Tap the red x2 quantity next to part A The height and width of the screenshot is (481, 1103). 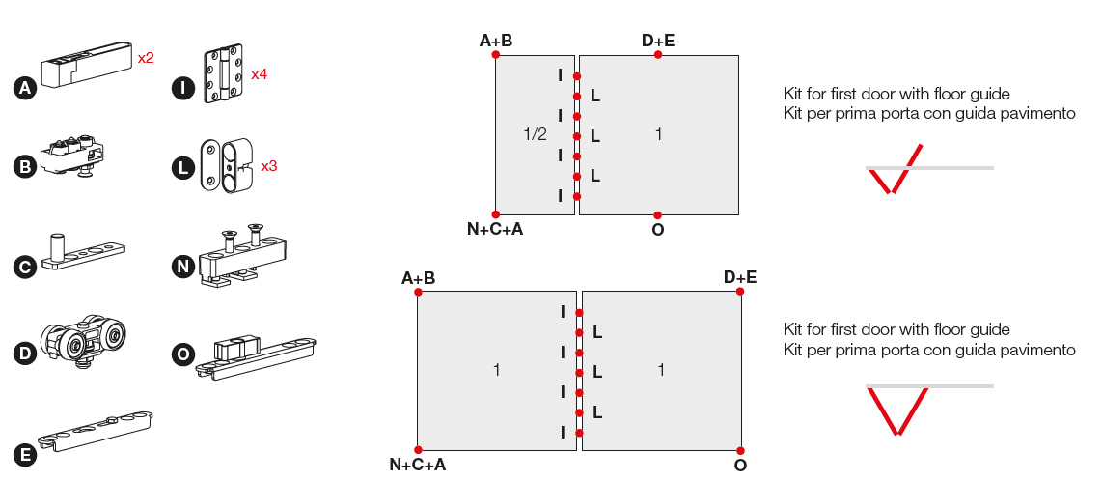coord(146,58)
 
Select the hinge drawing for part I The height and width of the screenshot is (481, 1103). coord(221,73)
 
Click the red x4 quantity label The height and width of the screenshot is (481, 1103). coord(259,74)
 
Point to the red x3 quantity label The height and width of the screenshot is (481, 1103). coord(269,166)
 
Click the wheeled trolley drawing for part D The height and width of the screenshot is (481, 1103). coord(86,341)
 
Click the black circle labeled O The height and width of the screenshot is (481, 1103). coord(181,355)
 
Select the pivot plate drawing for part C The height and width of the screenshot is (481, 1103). coord(86,254)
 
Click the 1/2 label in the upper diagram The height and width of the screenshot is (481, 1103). coord(536,134)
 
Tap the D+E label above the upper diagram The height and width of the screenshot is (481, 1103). coord(658,41)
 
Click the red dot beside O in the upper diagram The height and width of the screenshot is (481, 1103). coord(657,214)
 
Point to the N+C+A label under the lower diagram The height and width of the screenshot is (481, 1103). coord(418,465)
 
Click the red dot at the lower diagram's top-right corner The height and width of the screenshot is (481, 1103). coord(740,293)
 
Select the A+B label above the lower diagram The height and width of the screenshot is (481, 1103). coord(418,278)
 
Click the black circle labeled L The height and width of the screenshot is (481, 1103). coord(181,168)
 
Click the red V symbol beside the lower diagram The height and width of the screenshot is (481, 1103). coord(897,410)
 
